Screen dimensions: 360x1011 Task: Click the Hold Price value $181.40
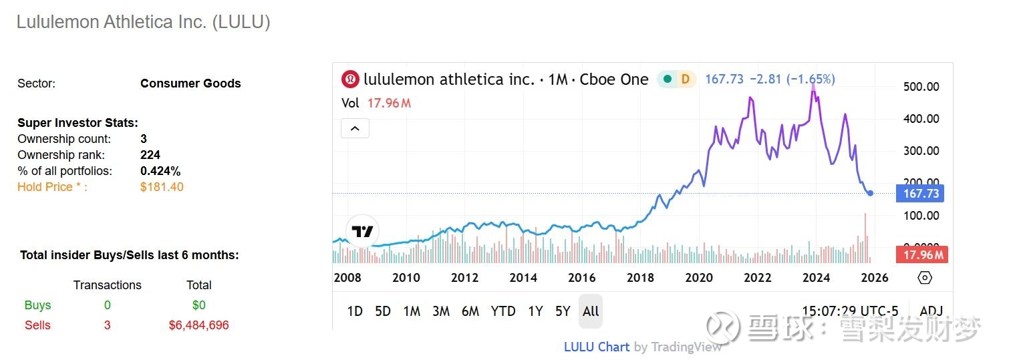162,187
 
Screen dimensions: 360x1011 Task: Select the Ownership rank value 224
150,155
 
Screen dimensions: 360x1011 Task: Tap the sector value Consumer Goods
190,83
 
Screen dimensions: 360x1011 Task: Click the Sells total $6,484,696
198,325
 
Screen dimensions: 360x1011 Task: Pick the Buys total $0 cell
198,305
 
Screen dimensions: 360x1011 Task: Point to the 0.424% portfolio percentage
160,171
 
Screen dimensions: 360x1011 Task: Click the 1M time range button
412,311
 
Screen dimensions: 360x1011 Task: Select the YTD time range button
503,311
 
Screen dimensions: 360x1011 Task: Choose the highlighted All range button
591,311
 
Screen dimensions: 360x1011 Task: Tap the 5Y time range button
563,311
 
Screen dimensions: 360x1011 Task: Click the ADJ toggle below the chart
931,311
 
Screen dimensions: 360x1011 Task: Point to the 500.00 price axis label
921,87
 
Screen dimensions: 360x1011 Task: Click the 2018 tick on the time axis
640,278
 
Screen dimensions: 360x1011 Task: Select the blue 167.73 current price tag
921,194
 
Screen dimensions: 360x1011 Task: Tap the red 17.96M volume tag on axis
922,255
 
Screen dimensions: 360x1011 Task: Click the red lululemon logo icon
350,79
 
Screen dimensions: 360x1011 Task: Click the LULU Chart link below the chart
596,347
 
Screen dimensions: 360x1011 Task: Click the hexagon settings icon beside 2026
925,278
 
